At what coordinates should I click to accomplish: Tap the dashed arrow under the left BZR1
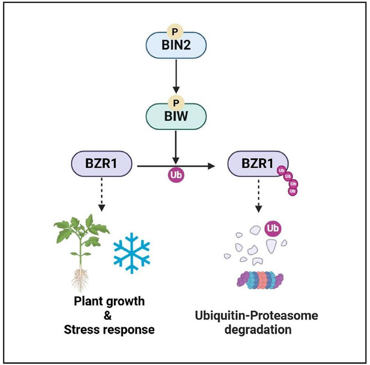[101, 196]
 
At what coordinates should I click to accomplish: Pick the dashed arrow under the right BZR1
[258, 196]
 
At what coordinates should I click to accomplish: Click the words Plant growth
[110, 302]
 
